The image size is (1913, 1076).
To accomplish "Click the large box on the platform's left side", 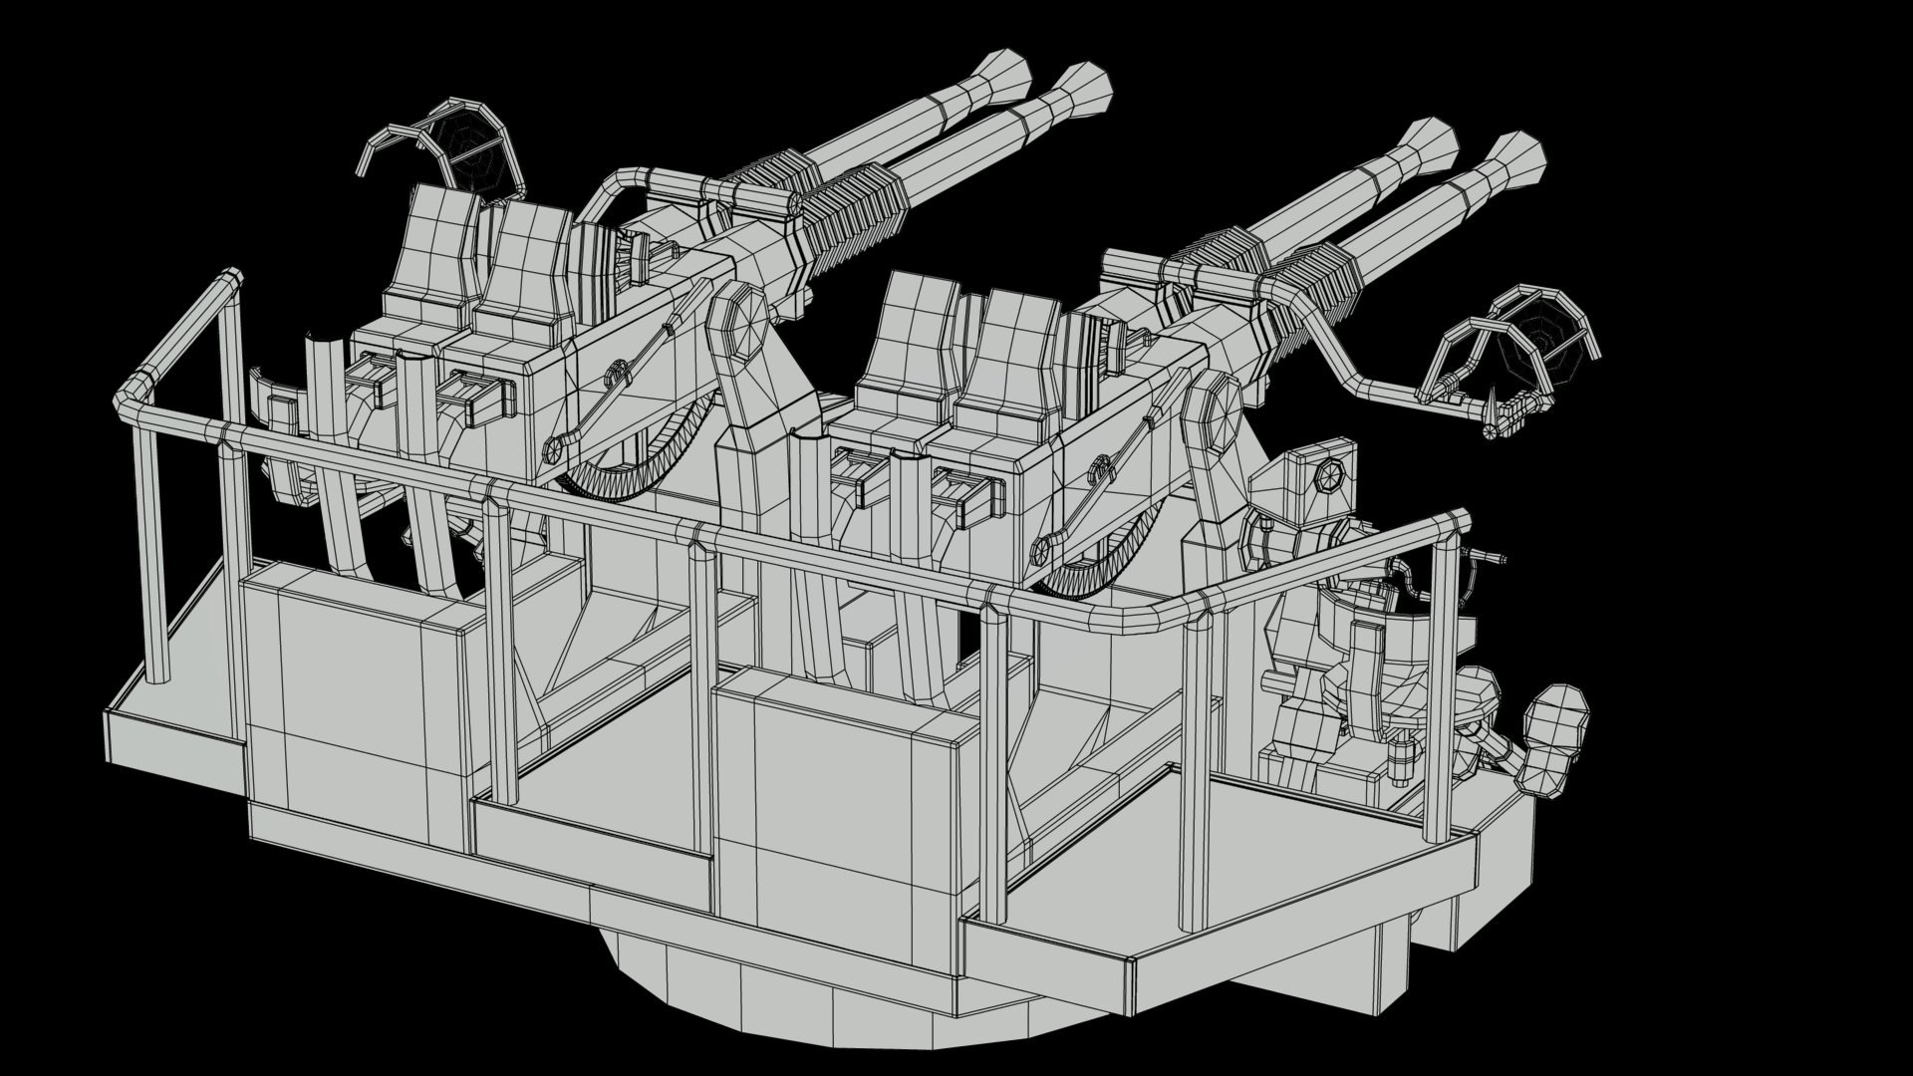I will [x=354, y=687].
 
